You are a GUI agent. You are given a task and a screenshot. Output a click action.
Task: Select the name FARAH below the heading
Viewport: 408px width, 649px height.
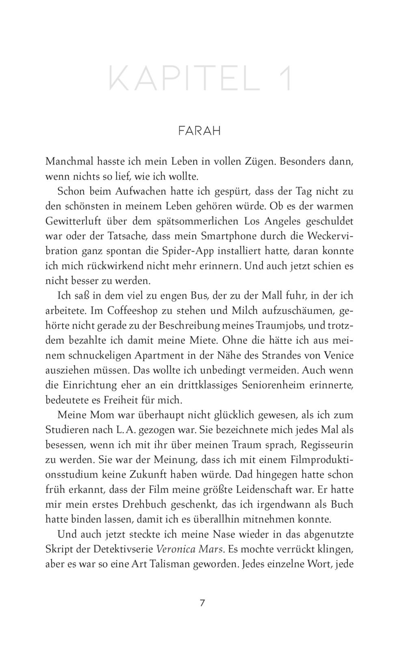pos(199,131)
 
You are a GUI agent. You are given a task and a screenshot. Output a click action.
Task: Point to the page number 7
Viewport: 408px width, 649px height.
pos(202,603)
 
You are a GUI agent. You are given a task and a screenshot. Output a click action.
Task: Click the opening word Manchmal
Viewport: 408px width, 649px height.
pos(68,161)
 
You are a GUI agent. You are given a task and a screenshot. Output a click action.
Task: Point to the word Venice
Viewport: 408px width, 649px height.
pos(339,355)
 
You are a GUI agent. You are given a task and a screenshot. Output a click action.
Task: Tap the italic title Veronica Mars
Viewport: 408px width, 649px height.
pos(190,550)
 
